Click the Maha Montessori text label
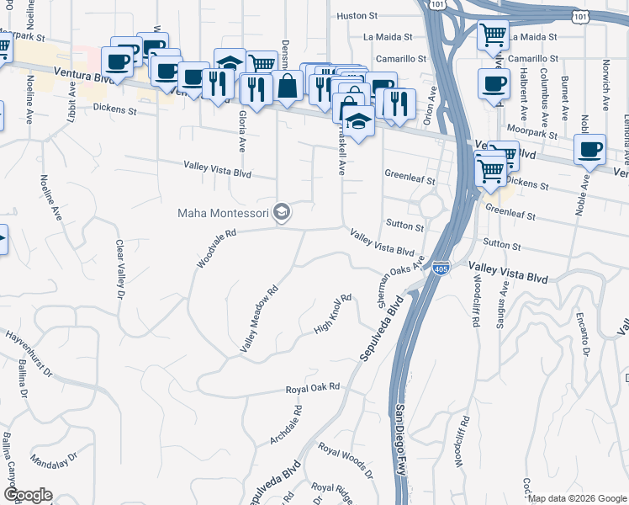click(x=225, y=212)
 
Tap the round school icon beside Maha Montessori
click(x=283, y=212)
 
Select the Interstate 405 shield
click(x=441, y=268)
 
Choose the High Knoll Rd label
click(x=332, y=313)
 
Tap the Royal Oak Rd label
click(x=313, y=388)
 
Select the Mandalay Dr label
click(x=52, y=461)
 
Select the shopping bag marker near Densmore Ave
click(x=288, y=86)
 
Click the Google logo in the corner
click(x=27, y=495)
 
